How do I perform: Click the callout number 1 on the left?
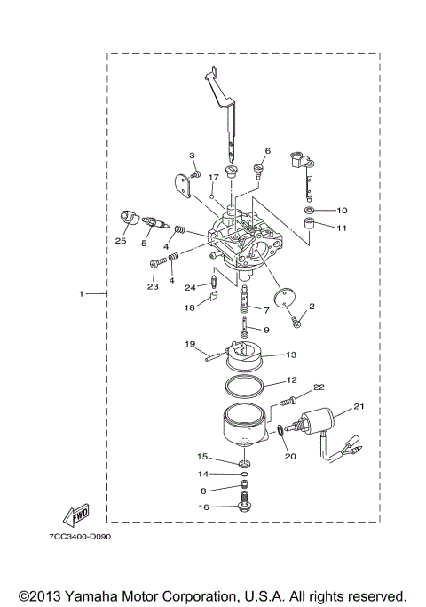(x=82, y=293)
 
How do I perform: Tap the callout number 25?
(x=122, y=241)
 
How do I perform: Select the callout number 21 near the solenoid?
(x=359, y=406)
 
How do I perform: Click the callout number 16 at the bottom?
(x=202, y=507)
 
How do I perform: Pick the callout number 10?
(x=342, y=211)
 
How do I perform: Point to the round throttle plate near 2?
(x=282, y=300)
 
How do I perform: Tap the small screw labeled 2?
(x=297, y=321)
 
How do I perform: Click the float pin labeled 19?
(x=216, y=357)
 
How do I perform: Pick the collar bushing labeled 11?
(x=308, y=232)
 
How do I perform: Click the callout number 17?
(x=213, y=178)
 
